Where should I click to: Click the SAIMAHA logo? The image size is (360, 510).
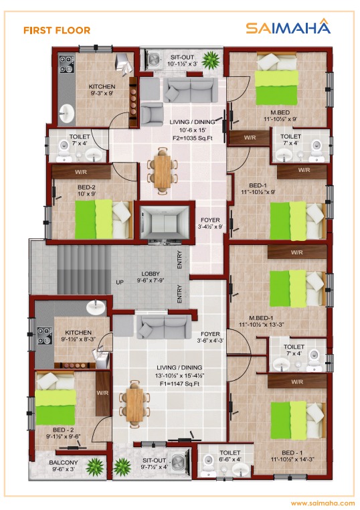(x=288, y=27)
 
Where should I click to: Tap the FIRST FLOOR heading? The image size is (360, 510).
(x=57, y=30)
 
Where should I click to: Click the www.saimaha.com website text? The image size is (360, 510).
(x=323, y=503)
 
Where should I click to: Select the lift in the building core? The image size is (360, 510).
(x=165, y=222)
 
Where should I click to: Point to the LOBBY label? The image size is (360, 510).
(x=151, y=274)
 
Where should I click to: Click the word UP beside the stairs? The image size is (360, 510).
(x=120, y=282)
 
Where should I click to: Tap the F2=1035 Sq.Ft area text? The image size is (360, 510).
(x=192, y=138)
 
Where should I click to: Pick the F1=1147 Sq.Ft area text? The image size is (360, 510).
(x=179, y=384)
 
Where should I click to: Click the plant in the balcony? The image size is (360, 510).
(x=95, y=467)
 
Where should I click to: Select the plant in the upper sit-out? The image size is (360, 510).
(x=211, y=60)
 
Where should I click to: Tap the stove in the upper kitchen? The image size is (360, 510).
(x=66, y=64)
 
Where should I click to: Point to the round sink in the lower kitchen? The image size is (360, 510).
(x=96, y=307)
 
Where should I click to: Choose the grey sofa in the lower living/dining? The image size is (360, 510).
(x=164, y=327)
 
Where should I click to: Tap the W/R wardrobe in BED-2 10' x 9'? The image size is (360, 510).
(x=81, y=171)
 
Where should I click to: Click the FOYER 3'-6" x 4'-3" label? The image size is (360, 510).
(x=210, y=337)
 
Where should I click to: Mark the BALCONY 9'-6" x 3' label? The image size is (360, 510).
(x=64, y=465)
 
